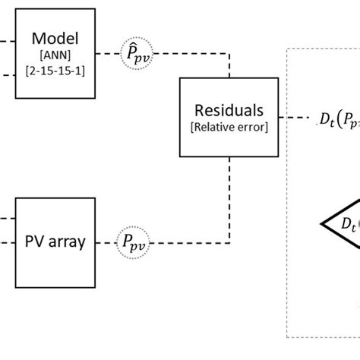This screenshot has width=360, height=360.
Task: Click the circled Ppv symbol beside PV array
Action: pyautogui.click(x=134, y=242)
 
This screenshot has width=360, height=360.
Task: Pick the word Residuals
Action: pyautogui.click(x=229, y=111)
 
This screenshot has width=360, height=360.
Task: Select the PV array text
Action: pyautogui.click(x=51, y=242)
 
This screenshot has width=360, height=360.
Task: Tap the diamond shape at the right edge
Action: pyautogui.click(x=342, y=225)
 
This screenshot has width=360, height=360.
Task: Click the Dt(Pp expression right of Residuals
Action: pyautogui.click(x=339, y=118)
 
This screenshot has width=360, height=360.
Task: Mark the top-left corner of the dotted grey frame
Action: pyautogui.click(x=287, y=49)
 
